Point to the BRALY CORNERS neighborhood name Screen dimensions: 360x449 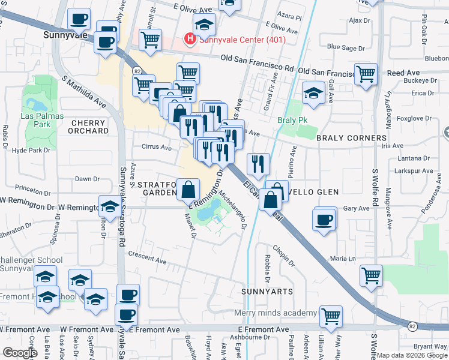(x=351, y=138)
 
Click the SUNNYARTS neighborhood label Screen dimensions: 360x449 (x=267, y=292)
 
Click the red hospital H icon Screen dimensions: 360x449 (x=191, y=40)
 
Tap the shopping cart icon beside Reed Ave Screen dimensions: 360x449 (x=366, y=75)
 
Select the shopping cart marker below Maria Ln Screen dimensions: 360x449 (x=372, y=276)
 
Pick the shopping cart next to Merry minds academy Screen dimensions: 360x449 (x=331, y=316)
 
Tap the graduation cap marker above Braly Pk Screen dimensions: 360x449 (x=313, y=92)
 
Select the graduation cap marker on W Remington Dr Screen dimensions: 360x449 (x=109, y=208)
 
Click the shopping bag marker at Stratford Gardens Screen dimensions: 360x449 (x=188, y=190)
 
